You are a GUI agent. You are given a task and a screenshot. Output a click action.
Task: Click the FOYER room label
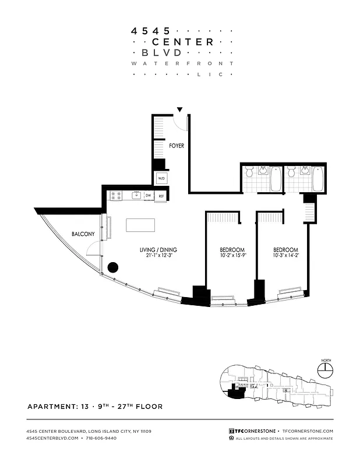(x=177, y=146)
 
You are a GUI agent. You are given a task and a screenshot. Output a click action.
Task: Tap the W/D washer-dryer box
(x=161, y=178)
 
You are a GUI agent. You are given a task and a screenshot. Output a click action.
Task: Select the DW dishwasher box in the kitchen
(x=149, y=196)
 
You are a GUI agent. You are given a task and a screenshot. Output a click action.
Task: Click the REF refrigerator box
(x=161, y=196)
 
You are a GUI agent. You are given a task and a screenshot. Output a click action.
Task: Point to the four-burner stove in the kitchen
(x=115, y=196)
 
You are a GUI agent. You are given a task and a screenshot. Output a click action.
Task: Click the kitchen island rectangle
(x=140, y=225)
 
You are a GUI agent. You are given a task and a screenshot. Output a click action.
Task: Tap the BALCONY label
(x=83, y=234)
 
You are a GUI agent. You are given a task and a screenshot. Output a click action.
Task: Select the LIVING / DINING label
(x=158, y=250)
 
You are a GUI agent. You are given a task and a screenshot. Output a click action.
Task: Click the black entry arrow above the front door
(x=180, y=110)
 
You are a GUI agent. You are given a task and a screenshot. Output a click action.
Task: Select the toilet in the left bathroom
(x=249, y=172)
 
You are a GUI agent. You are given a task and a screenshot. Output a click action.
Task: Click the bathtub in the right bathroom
(x=317, y=179)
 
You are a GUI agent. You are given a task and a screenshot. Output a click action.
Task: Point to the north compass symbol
(x=325, y=368)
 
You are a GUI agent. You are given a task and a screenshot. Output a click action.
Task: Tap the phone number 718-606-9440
(x=100, y=438)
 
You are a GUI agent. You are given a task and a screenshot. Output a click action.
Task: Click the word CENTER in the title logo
(x=183, y=41)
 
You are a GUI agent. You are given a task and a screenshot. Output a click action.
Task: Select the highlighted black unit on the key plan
(x=235, y=394)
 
